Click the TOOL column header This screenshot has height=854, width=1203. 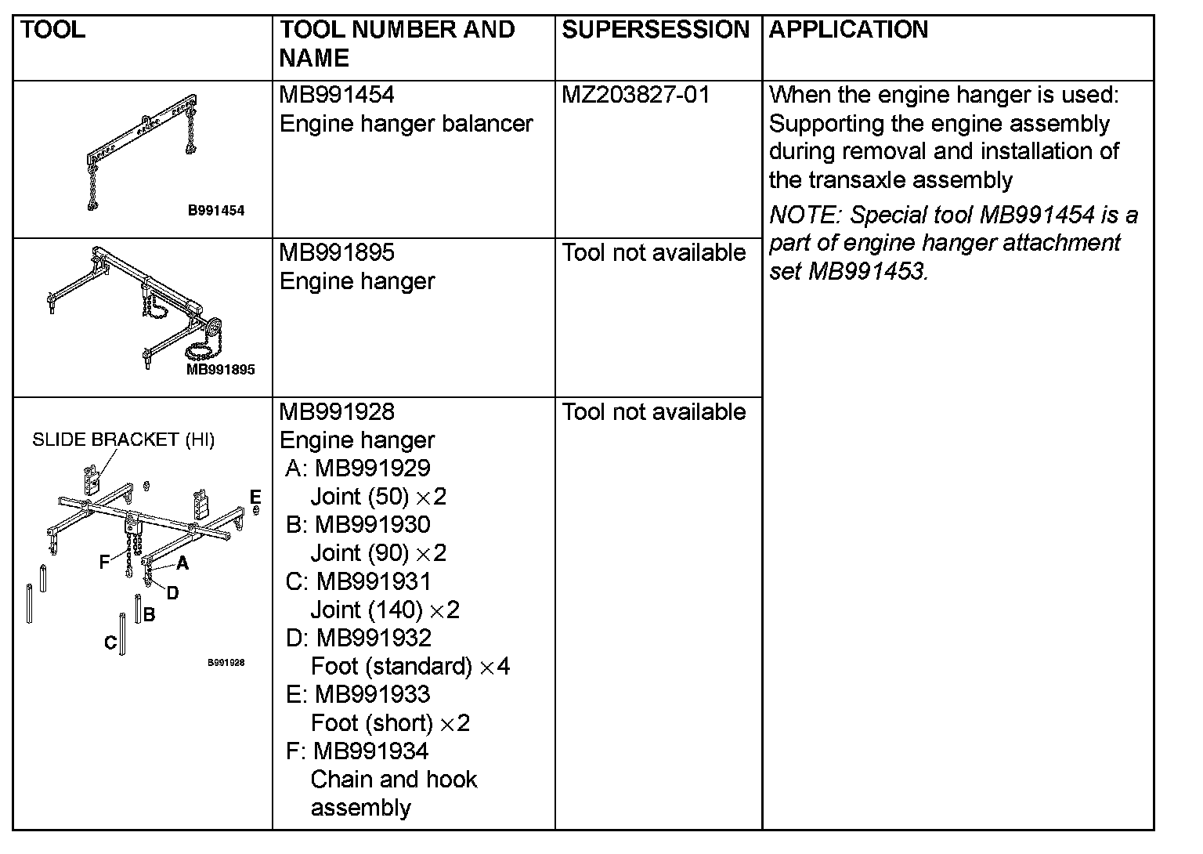[x=52, y=31]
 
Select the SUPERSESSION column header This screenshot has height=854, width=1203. [x=656, y=31]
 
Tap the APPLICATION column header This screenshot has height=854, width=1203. [x=848, y=31]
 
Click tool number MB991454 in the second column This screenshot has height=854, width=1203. [x=337, y=96]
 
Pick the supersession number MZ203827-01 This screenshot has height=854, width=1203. [x=636, y=96]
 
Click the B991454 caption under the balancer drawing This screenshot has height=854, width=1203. [x=215, y=210]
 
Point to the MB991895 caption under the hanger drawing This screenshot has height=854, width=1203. [x=220, y=370]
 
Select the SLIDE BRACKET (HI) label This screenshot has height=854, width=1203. [x=123, y=440]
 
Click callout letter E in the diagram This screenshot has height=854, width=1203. [x=255, y=497]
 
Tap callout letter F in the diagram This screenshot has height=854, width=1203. [x=104, y=562]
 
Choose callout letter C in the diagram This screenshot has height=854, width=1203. [x=110, y=643]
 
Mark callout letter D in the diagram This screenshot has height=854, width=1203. [x=172, y=593]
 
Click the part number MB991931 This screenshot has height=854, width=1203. [x=374, y=581]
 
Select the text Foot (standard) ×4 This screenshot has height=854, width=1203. [x=410, y=667]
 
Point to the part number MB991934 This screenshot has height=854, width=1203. [x=371, y=751]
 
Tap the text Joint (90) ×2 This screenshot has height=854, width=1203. [x=378, y=553]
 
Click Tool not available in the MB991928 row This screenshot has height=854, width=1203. [x=654, y=412]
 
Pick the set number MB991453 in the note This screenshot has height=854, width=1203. [x=866, y=271]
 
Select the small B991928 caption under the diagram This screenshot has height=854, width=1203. [x=226, y=663]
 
